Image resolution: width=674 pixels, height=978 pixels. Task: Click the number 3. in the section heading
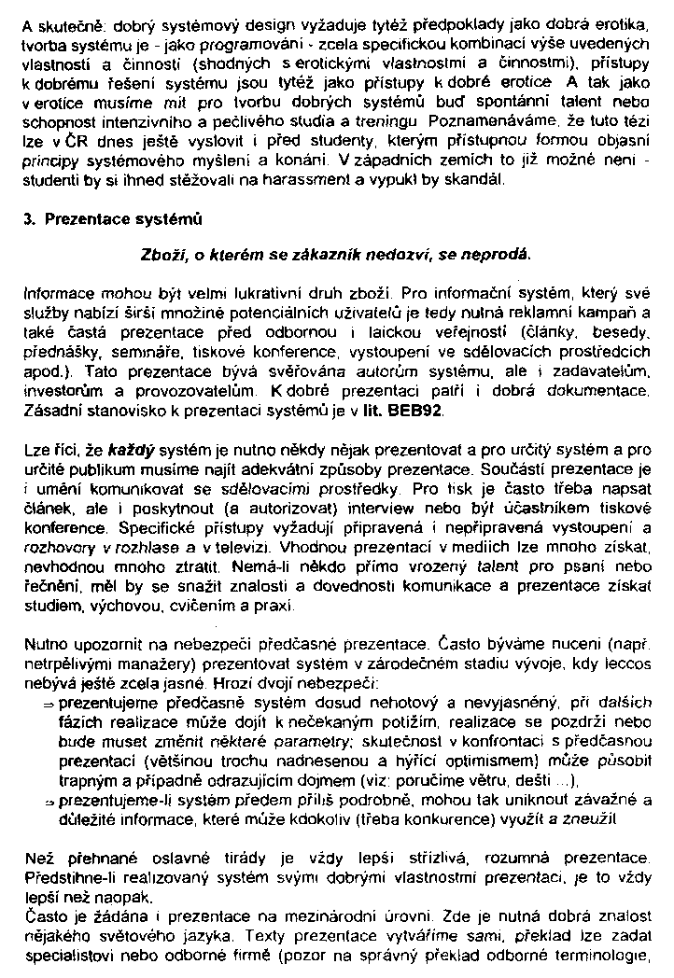(29, 220)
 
